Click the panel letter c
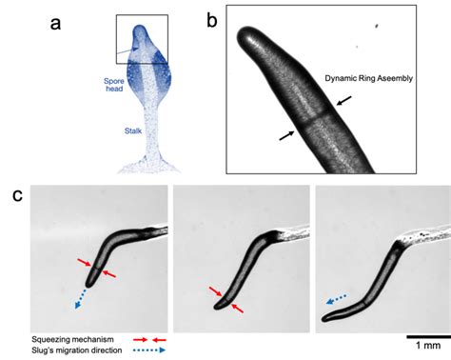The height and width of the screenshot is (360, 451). pyautogui.click(x=18, y=196)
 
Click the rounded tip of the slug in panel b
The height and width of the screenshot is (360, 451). pyautogui.click(x=245, y=44)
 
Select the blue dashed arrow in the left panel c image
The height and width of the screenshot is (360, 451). pyautogui.click(x=80, y=295)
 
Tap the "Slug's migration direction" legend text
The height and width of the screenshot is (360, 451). pyautogui.click(x=63, y=350)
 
